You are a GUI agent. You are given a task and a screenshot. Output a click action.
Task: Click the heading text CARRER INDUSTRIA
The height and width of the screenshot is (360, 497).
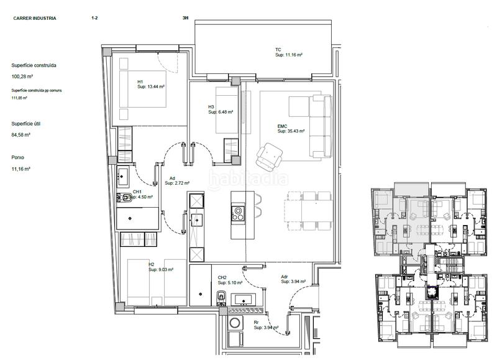[x=35, y=19]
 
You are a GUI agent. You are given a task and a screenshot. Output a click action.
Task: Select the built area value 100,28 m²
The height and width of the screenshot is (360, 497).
[x=22, y=76]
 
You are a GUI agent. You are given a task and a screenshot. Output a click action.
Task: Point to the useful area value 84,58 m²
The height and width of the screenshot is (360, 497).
[x=21, y=134]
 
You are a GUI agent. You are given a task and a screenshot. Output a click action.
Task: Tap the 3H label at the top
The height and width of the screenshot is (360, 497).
[x=185, y=19]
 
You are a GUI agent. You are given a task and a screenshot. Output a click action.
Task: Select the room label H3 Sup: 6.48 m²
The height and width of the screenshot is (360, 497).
[x=221, y=109]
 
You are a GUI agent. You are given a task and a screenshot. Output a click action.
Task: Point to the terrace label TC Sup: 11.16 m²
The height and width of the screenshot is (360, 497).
[x=288, y=52]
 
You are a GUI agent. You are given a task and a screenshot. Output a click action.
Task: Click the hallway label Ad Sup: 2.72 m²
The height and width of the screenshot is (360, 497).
[x=179, y=180]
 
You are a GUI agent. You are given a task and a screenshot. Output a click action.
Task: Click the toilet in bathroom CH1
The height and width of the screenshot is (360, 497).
[x=125, y=198]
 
